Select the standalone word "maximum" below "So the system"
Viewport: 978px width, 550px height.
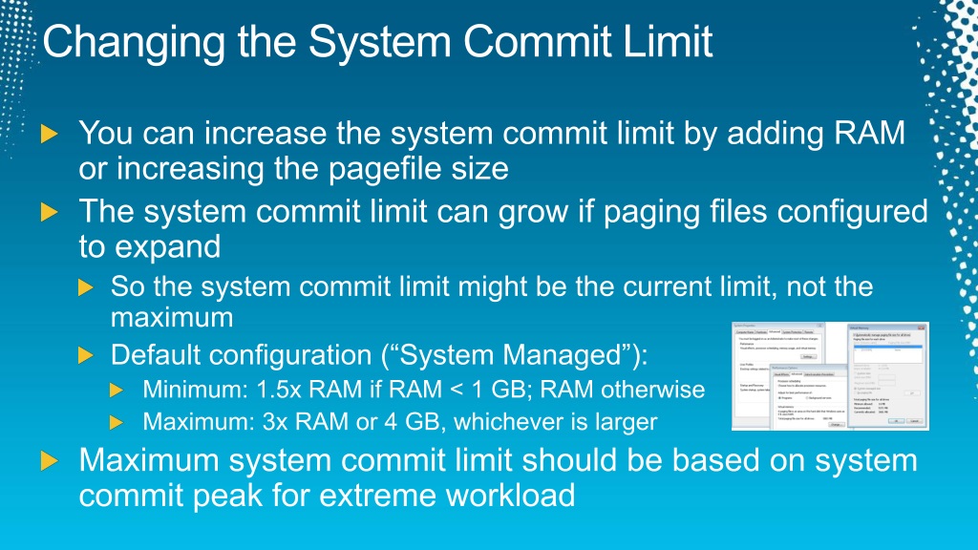172,315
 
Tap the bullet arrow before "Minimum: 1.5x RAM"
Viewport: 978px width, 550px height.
117,390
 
